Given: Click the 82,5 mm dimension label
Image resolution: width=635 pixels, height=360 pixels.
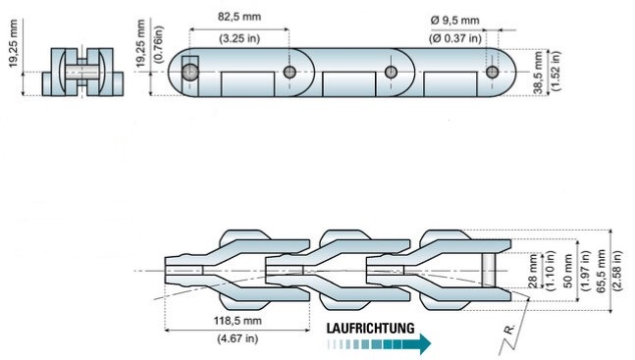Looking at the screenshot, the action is point(239,17).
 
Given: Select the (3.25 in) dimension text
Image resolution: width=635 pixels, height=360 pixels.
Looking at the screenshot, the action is point(239,39).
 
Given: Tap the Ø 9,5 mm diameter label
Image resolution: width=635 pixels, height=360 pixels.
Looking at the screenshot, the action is point(455,21).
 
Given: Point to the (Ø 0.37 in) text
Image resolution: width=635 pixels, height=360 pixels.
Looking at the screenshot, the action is point(455,38).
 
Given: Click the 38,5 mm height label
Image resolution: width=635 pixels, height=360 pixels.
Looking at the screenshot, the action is point(538,73).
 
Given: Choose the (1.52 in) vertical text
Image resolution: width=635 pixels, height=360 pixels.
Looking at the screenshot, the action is point(555,72).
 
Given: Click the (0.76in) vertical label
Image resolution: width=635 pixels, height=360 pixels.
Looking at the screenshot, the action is point(158,44).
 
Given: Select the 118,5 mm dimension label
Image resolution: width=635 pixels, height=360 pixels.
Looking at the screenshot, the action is point(238,321).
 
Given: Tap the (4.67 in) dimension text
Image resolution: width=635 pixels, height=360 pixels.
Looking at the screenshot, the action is point(238,338).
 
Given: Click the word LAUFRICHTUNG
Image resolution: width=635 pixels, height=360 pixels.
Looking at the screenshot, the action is point(371,328).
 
